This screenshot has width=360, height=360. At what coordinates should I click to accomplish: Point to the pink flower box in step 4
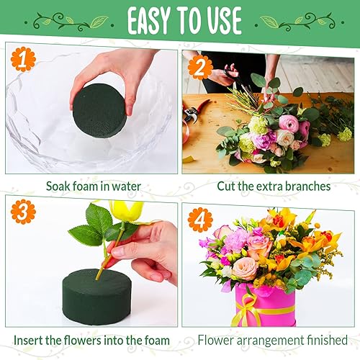264,306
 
